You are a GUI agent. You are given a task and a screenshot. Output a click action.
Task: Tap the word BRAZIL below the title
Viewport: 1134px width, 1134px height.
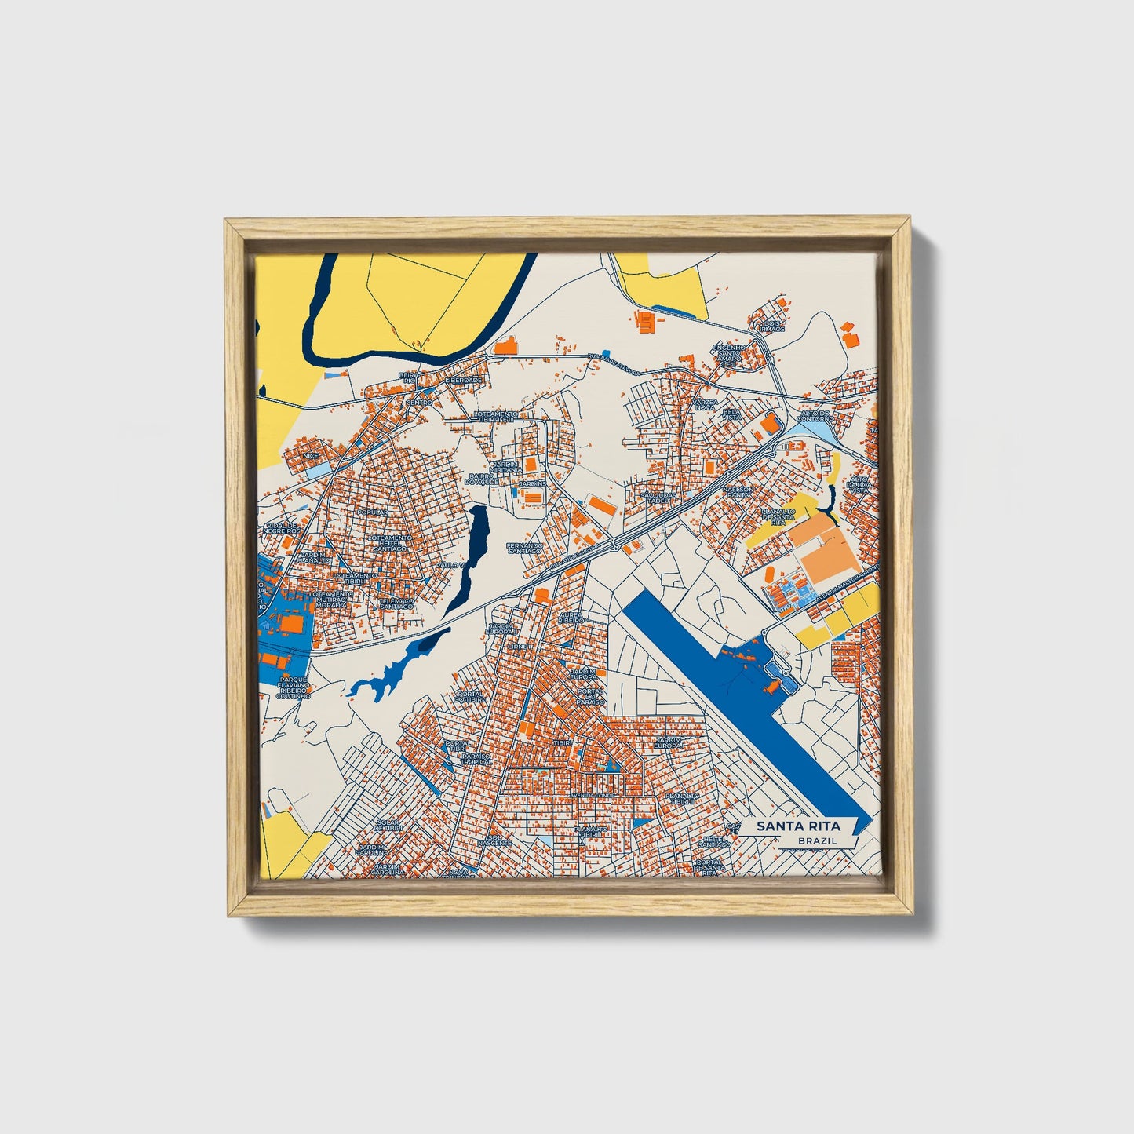click(x=817, y=840)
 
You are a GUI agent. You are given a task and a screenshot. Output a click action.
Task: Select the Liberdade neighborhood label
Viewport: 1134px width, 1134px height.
click(x=463, y=380)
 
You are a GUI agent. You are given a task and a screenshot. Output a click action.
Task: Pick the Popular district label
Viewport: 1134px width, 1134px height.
click(x=372, y=512)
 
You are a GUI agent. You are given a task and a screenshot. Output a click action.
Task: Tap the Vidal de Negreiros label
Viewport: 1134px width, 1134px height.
click(x=283, y=528)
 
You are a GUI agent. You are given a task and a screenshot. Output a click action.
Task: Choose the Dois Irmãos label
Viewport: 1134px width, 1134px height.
click(x=772, y=326)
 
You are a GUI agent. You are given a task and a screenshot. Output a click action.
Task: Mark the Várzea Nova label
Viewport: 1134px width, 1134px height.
click(x=705, y=404)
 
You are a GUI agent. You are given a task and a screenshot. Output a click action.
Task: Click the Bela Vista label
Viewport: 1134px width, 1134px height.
click(x=731, y=414)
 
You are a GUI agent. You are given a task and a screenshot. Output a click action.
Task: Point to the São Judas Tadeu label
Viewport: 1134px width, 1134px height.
click(x=657, y=498)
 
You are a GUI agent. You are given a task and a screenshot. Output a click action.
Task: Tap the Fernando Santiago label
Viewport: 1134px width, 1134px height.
click(x=523, y=548)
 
